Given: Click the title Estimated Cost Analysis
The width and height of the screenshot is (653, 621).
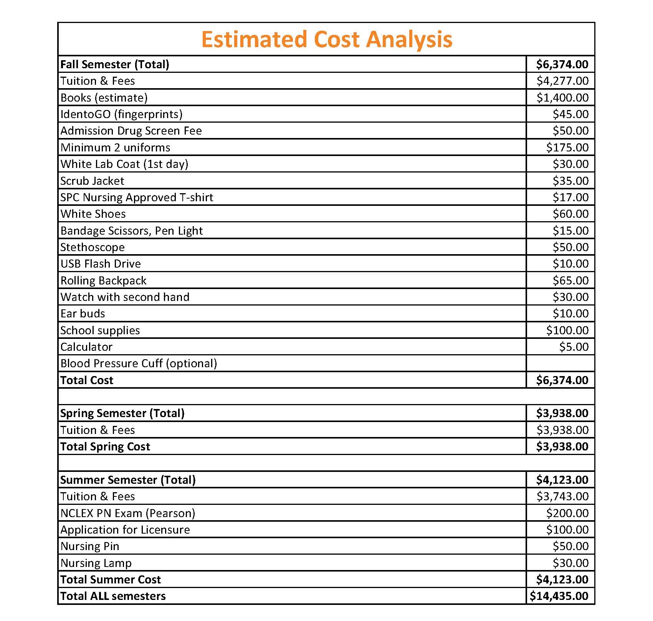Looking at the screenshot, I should tap(327, 39).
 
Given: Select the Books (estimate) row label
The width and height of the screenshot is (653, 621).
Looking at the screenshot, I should tap(104, 98).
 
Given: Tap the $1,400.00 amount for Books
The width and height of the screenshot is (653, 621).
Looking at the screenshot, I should tap(562, 98).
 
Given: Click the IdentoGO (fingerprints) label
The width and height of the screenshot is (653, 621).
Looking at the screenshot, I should tap(121, 114).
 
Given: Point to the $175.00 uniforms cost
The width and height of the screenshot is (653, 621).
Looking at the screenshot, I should tap(567, 148).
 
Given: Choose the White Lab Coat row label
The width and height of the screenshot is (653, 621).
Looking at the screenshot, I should tap(124, 164).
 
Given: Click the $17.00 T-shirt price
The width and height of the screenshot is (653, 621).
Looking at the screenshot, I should tap(570, 197).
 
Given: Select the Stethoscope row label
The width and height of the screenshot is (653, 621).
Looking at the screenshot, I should tap(93, 247).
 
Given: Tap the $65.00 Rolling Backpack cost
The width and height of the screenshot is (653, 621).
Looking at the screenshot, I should tap(570, 281).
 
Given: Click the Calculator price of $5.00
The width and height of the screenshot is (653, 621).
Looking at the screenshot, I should tap(574, 347).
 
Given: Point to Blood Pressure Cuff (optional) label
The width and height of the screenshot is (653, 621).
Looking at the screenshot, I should tap(139, 363).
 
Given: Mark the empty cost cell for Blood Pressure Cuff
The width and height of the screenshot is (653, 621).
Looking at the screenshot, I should tap(560, 363).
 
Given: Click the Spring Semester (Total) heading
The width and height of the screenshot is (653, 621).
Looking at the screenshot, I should tap(122, 413).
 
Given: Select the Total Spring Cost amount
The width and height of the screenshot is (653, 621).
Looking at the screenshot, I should tap(562, 447).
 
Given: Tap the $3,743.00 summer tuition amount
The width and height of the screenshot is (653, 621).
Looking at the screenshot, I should tap(562, 496).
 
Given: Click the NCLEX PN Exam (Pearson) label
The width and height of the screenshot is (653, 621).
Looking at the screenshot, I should tap(128, 513).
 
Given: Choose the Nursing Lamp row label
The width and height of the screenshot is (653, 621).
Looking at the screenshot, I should tap(96, 563).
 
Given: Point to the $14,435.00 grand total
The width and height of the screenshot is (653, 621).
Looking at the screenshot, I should tap(559, 596).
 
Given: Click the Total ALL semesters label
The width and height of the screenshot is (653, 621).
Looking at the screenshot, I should tap(113, 596).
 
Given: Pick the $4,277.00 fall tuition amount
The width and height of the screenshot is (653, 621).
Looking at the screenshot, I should tap(562, 81).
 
